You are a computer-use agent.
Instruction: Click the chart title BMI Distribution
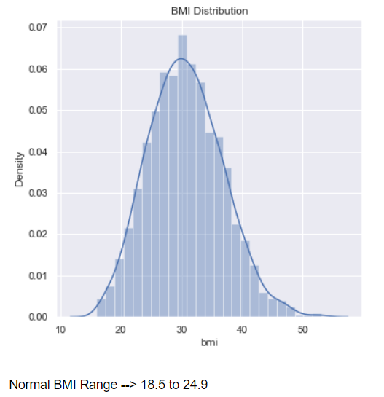click(210, 11)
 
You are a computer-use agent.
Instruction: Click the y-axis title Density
click(21, 169)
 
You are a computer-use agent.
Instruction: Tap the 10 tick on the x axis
click(62, 329)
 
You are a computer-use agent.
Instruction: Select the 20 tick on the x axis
click(122, 329)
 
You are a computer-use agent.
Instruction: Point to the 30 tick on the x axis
click(182, 329)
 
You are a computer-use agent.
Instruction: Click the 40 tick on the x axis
click(242, 329)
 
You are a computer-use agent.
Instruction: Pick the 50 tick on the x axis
click(302, 329)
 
